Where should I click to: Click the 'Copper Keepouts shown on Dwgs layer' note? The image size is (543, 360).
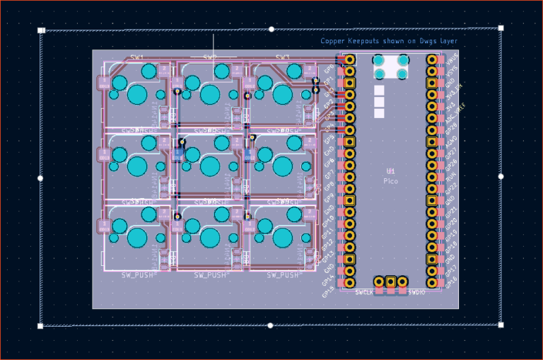[389, 41]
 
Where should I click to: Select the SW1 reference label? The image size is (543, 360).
[136, 57]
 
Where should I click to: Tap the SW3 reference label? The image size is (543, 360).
[283, 57]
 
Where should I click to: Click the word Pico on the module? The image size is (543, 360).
[390, 182]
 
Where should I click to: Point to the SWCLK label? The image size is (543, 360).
[364, 292]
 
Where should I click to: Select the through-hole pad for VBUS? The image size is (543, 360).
[431, 60]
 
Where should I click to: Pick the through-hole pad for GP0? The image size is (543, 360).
[349, 60]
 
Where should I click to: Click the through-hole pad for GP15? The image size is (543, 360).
[349, 283]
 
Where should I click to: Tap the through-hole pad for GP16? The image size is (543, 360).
[431, 283]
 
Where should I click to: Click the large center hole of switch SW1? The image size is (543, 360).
[136, 94]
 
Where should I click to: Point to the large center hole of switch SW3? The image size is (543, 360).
[283, 94]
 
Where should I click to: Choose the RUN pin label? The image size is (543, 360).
[450, 174]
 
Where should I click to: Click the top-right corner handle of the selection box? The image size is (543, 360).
[501, 28]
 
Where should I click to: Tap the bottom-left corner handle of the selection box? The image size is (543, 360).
[40, 326]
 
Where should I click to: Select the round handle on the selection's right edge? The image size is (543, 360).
[501, 176]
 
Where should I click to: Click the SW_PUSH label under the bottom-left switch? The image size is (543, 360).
[136, 274]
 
